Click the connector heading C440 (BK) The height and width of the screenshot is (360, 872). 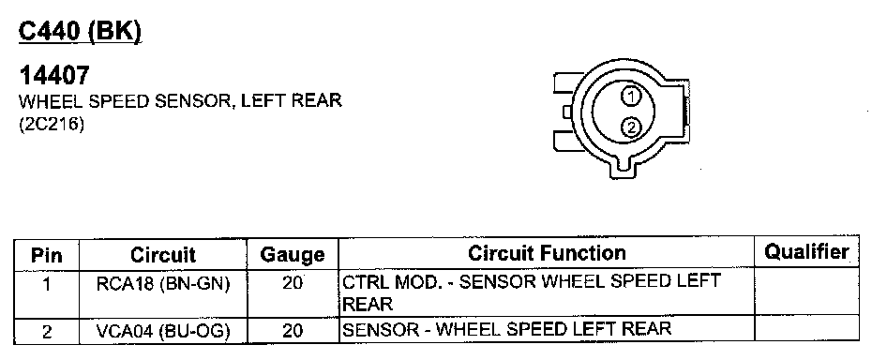click(80, 32)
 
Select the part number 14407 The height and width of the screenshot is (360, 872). click(54, 75)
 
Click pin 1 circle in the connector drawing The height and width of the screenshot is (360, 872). click(631, 97)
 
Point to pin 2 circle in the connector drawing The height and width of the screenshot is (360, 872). click(631, 128)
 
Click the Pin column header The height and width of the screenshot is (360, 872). click(47, 255)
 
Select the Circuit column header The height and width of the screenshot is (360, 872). click(163, 255)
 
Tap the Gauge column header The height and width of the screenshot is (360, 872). click(293, 255)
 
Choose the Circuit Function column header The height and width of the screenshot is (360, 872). click(547, 253)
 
